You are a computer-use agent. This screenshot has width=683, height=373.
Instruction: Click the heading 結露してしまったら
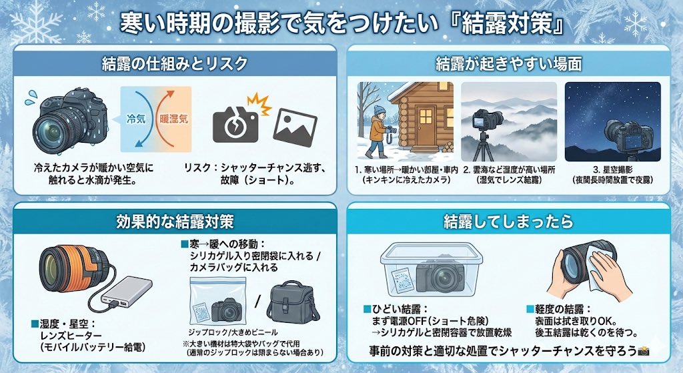508,221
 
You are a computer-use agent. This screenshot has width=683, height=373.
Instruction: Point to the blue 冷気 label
137,120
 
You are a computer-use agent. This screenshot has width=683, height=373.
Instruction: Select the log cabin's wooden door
424,124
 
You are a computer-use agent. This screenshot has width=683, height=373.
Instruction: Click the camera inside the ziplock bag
226,308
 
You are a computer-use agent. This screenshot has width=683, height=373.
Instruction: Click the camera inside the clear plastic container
439,275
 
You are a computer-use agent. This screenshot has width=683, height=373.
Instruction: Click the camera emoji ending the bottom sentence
644,352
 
